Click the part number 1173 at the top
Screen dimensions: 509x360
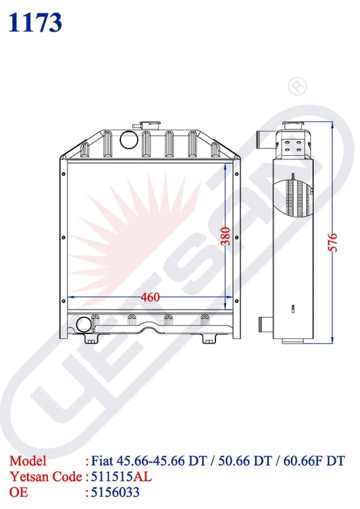(36, 22)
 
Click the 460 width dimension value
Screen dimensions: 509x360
(150, 297)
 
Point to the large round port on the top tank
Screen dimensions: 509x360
(126, 140)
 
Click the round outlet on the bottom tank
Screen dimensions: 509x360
(84, 325)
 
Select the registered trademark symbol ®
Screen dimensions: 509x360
(295, 86)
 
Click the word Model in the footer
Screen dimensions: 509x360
(28, 461)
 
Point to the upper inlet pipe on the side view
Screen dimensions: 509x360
(262, 141)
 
